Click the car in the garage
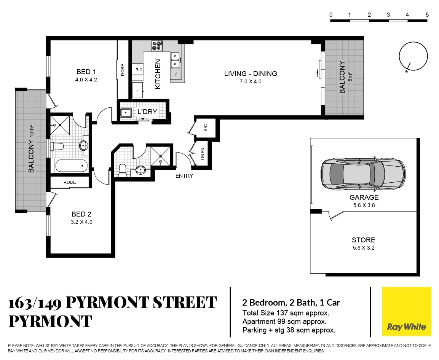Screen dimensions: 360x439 363,173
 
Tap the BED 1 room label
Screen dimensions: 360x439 84,72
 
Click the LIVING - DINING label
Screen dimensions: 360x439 250,74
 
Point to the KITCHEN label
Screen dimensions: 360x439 158,74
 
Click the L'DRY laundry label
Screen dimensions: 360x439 147,112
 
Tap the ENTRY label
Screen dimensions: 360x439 184,176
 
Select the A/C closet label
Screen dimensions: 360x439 206,128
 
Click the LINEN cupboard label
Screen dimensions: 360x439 203,154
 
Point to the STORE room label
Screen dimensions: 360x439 363,240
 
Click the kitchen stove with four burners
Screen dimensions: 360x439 157,46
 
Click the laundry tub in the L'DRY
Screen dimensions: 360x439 125,113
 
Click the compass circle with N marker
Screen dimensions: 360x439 412,56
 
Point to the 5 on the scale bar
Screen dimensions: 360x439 427,15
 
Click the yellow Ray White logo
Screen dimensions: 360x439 406,312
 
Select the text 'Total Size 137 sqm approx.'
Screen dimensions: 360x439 286,313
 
